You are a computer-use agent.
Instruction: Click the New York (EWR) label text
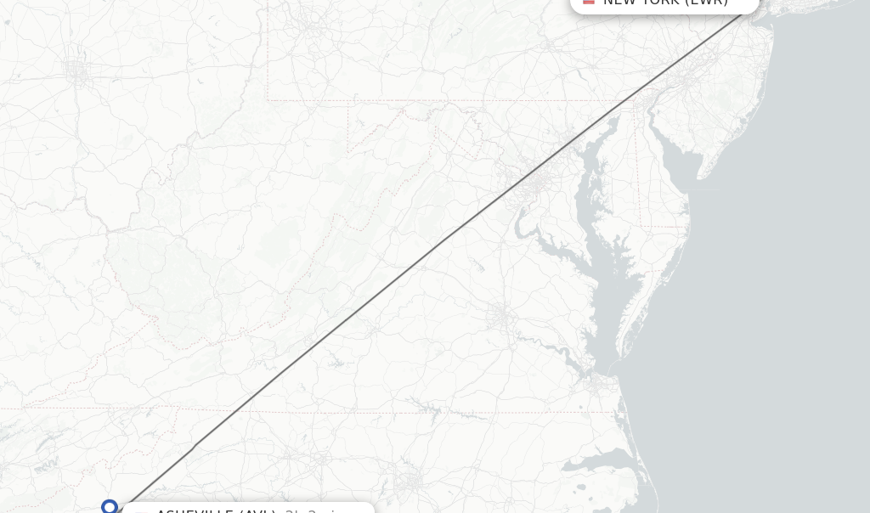click(665, 3)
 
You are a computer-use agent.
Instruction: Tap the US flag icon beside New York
click(589, 2)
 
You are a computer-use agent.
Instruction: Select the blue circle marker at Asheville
click(110, 507)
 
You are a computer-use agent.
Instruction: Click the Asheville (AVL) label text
click(216, 510)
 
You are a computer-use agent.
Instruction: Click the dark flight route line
click(425, 256)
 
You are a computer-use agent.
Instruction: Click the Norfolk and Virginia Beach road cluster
click(595, 383)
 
